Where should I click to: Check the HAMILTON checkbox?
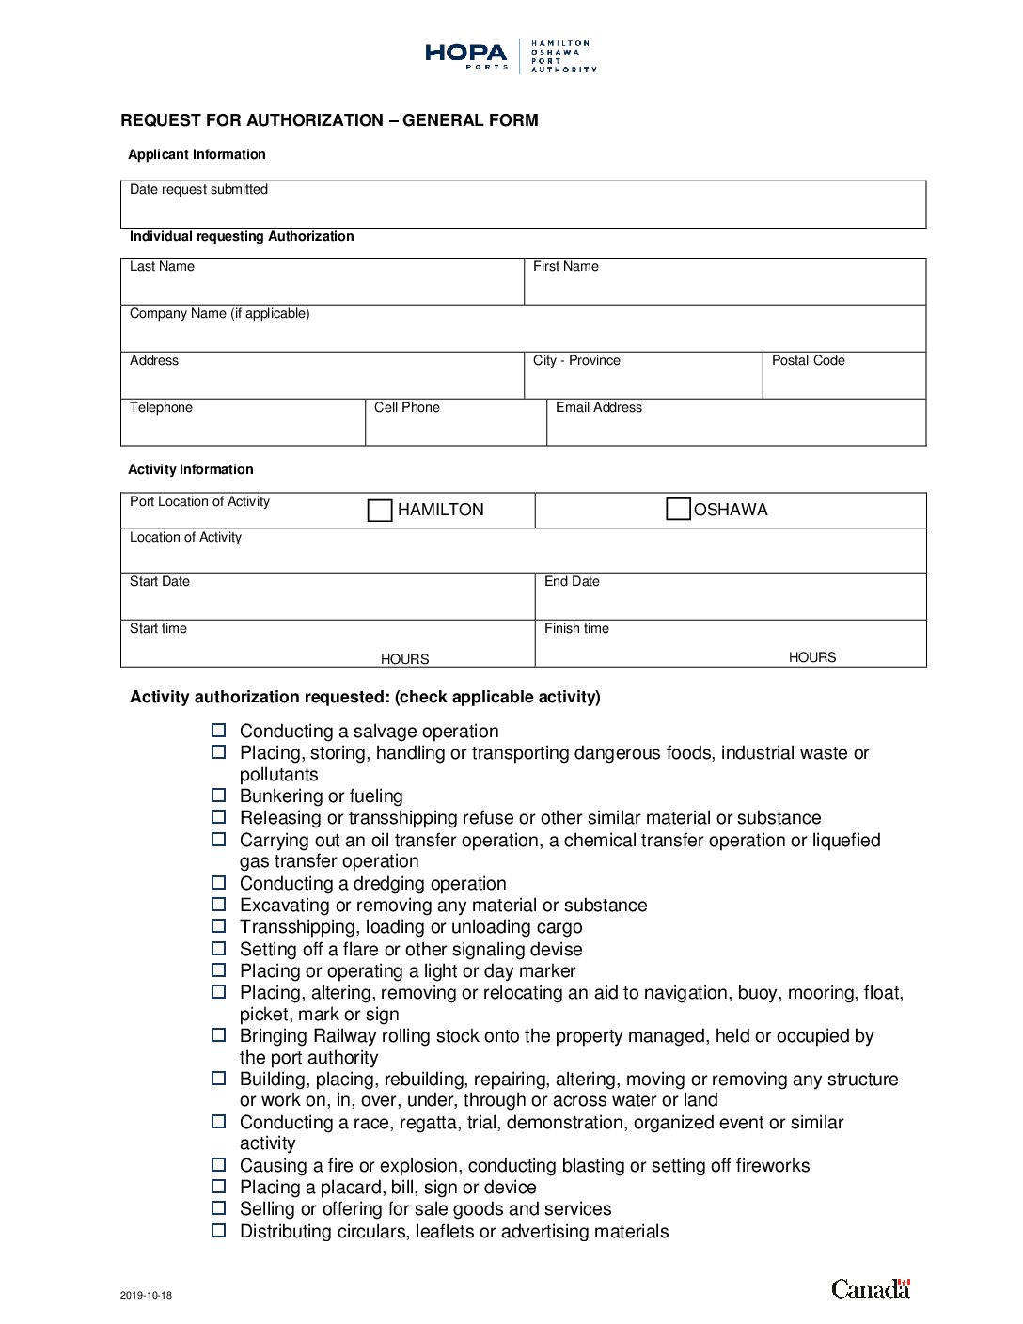coord(380,511)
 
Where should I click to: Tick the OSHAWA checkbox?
coord(678,510)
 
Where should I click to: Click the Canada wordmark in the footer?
coord(871,1288)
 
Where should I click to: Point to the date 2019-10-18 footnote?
coord(146,1296)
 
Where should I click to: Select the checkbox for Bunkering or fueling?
coord(219,796)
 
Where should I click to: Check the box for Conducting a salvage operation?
coord(219,731)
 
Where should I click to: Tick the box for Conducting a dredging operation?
coord(219,883)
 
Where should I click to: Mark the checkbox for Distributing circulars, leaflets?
coord(219,1231)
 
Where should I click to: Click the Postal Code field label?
coord(808,361)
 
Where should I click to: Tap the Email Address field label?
coord(598,408)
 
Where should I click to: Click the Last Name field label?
coord(162,267)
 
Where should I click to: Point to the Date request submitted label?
coord(198,190)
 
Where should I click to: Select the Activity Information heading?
coord(191,470)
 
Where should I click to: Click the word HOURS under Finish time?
coord(811,658)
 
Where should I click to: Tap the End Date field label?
coord(572,582)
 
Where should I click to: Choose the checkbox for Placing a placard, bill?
coord(219,1187)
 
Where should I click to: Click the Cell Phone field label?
coord(406,408)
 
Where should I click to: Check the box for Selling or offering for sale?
coord(219,1208)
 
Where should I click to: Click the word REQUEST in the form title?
coord(159,120)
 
